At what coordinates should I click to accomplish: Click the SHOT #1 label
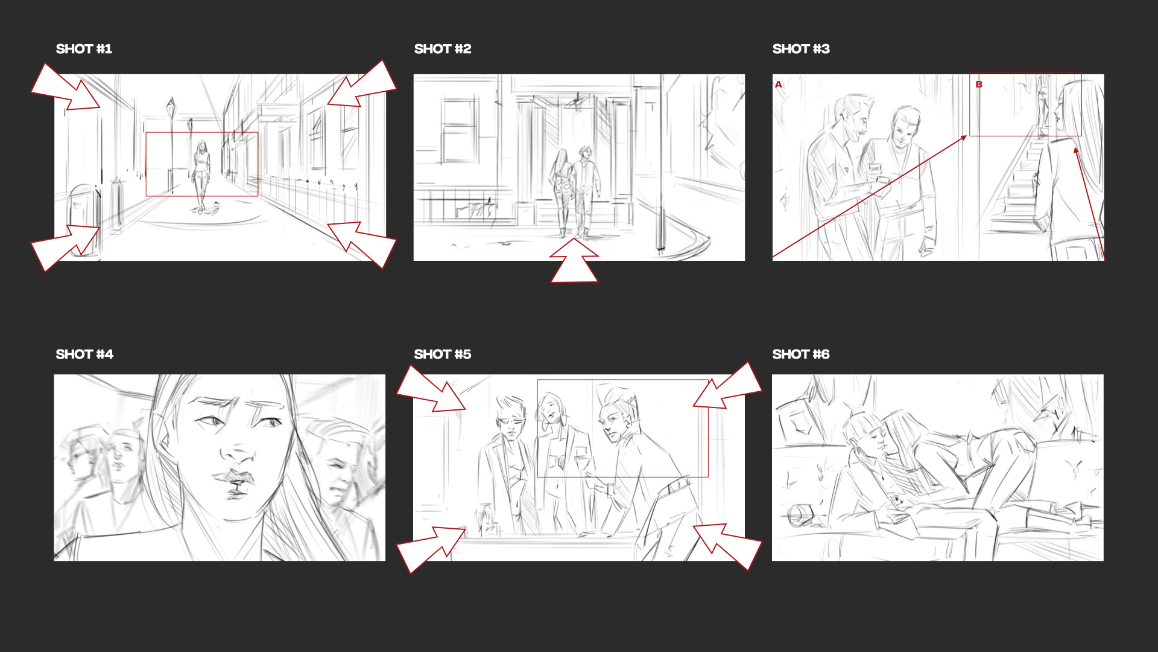(84, 49)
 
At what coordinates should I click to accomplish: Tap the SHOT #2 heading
(443, 49)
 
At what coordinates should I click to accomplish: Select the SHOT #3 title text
(801, 49)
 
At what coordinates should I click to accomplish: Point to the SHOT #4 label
(84, 354)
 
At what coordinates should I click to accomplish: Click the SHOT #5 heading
(443, 354)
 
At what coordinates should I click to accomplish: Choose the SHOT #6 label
(801, 354)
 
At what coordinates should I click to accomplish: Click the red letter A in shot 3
(779, 85)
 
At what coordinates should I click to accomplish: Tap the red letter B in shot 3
(979, 85)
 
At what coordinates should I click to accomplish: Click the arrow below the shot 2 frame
(574, 261)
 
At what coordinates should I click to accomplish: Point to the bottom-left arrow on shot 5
(431, 549)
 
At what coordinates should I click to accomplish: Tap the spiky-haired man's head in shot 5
(616, 413)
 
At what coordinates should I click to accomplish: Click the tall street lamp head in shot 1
(171, 106)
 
